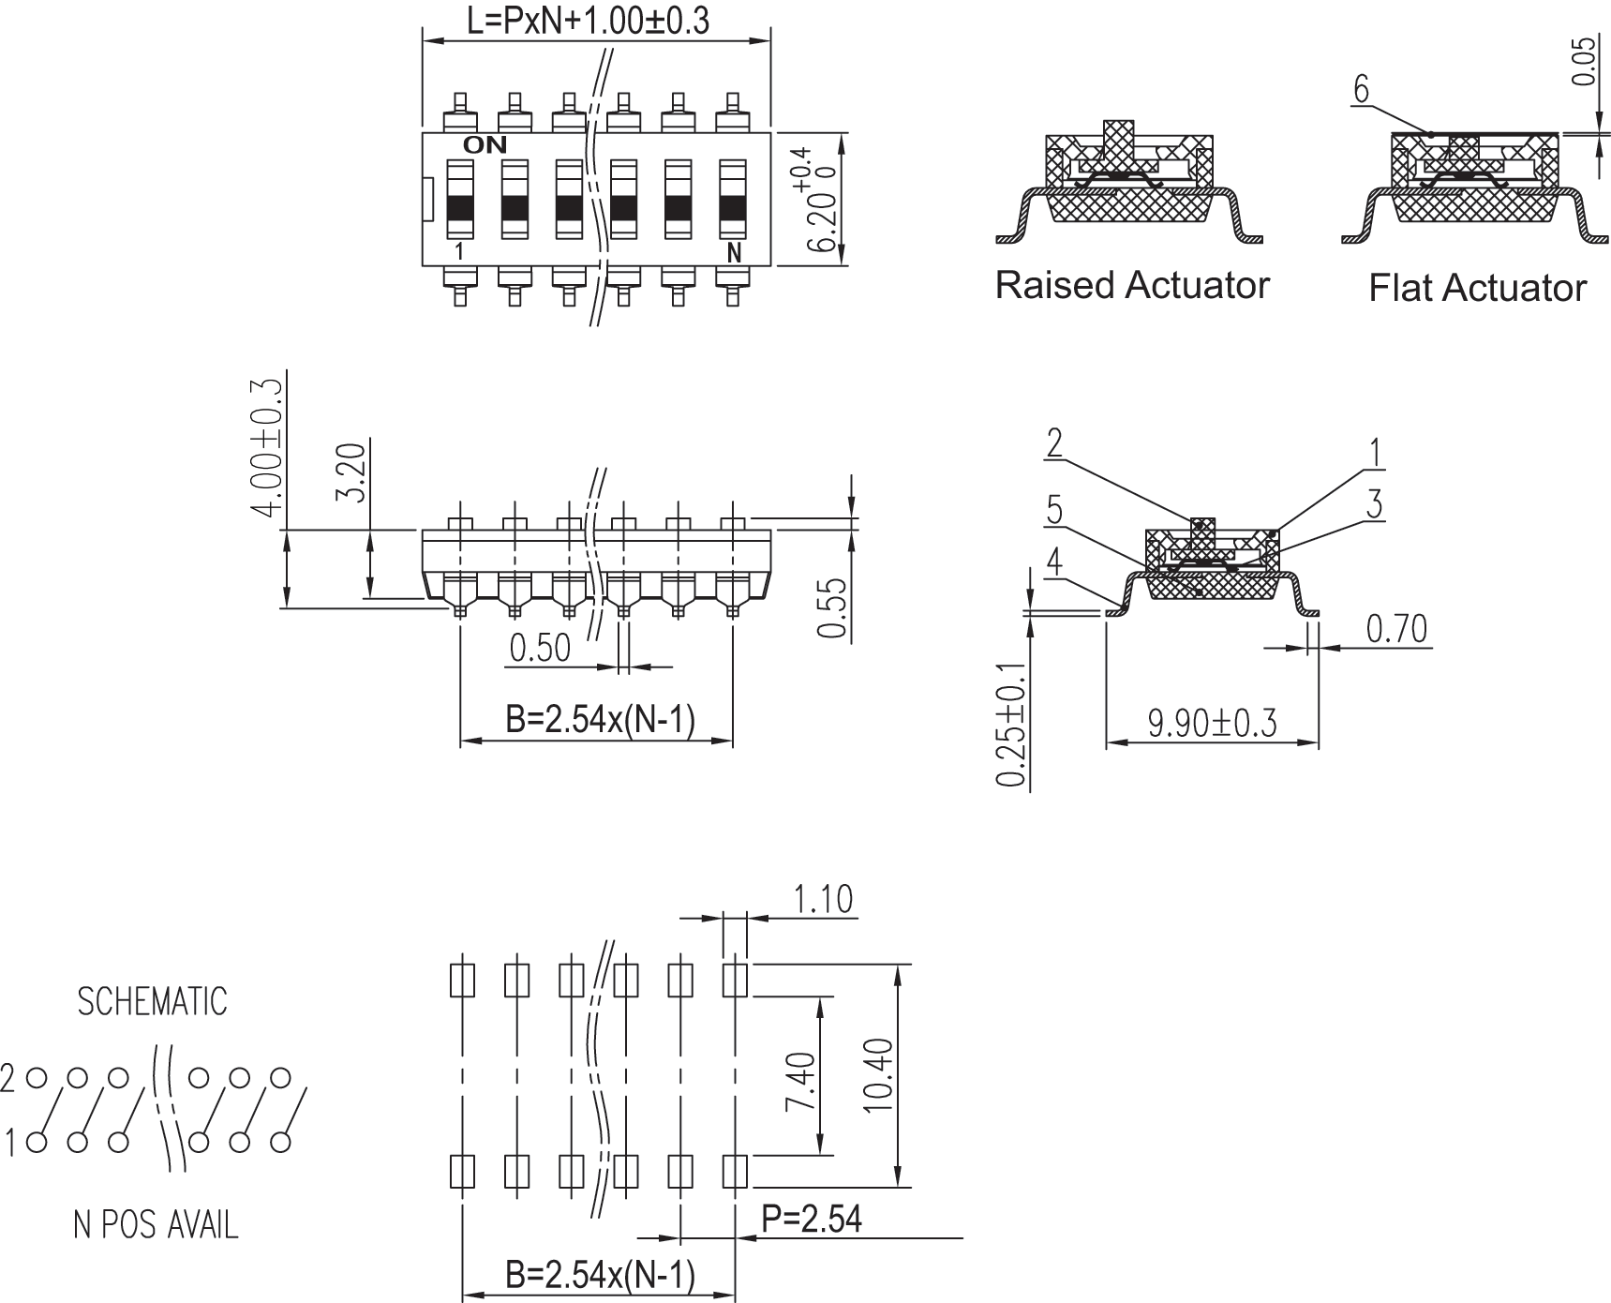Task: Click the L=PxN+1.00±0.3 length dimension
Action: pos(588,20)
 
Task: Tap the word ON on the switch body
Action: pos(485,145)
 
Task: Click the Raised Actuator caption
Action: pos(1131,285)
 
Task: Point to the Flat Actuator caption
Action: pos(1477,288)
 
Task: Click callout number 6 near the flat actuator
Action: pos(1361,90)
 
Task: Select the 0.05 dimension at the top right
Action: pos(1583,62)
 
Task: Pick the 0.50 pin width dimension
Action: pos(540,648)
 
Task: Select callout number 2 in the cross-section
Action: pos(1054,443)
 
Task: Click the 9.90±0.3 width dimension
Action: pos(1212,724)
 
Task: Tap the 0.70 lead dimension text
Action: pos(1396,629)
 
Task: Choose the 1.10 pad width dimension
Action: pos(823,899)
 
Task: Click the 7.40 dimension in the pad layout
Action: pos(801,1081)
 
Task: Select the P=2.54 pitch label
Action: pos(812,1219)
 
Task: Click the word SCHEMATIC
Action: pos(152,1002)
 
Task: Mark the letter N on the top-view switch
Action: pos(734,253)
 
